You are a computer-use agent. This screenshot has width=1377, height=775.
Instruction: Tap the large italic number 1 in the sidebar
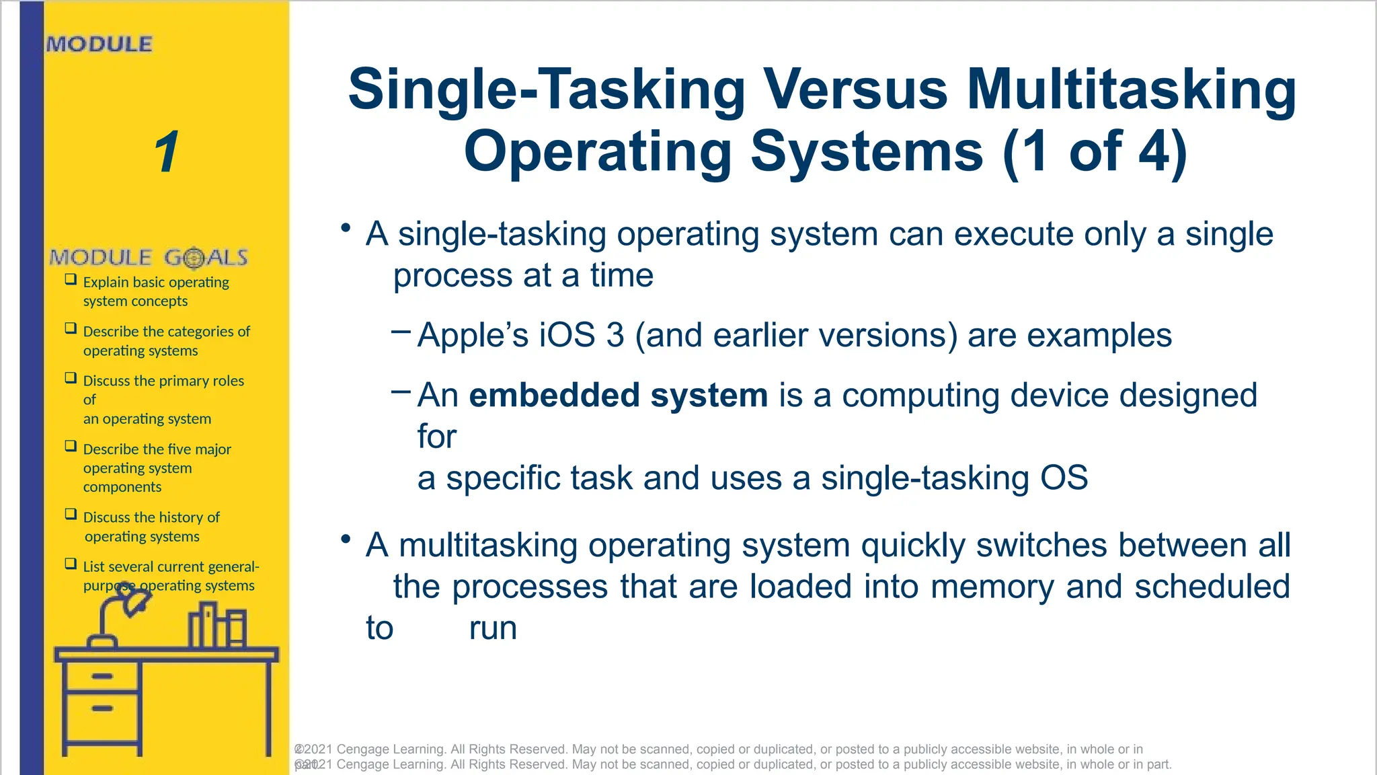pos(166,152)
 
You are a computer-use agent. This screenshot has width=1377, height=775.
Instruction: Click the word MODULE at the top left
pos(100,44)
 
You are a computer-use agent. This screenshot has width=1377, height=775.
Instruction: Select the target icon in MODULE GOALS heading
pos(194,258)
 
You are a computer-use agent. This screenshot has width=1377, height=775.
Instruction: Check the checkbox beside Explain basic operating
pos(71,279)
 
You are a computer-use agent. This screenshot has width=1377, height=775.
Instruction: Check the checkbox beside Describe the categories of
pos(71,328)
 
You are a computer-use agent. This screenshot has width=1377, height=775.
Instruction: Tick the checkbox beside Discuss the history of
pos(71,514)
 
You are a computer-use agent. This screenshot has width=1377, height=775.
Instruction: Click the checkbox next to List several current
pos(71,564)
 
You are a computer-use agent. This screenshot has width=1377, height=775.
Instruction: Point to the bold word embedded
pos(553,395)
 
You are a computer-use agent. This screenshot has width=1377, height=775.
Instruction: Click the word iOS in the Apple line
pos(567,335)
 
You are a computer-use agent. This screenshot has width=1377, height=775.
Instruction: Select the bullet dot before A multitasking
pos(346,539)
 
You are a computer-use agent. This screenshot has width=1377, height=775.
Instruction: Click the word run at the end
pos(493,628)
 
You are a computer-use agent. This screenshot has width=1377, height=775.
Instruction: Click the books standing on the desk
pos(217,626)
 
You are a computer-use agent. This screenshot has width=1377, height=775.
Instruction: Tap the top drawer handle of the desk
pos(102,676)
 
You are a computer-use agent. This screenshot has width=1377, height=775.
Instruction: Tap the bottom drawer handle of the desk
pos(102,708)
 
